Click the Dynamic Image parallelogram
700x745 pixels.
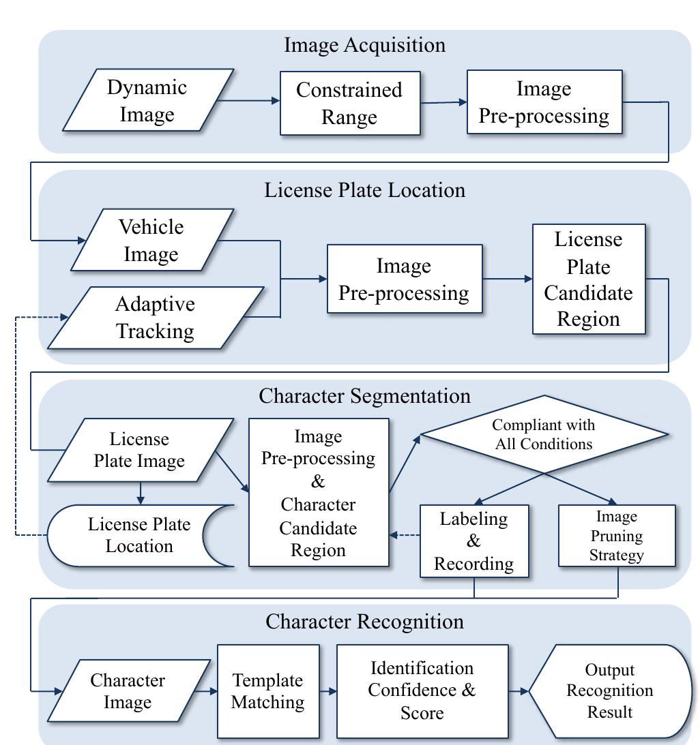tap(148, 100)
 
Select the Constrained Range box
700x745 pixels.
tap(350, 104)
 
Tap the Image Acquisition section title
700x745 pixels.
tap(364, 46)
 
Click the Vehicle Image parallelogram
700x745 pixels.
tap(151, 240)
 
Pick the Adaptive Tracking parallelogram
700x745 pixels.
tap(156, 318)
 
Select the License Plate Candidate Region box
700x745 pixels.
tap(588, 279)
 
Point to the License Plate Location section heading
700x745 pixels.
tap(364, 190)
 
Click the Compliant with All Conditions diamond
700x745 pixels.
tap(544, 434)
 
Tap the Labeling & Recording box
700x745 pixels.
tap(474, 541)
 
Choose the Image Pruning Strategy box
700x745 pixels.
tap(616, 536)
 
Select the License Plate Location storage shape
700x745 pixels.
tap(139, 536)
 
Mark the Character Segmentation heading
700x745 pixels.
tap(364, 396)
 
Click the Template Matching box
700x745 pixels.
tap(268, 691)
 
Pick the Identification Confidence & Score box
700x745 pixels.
tap(422, 691)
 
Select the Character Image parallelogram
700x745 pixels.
tap(128, 691)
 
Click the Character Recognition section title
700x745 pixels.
tap(364, 622)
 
